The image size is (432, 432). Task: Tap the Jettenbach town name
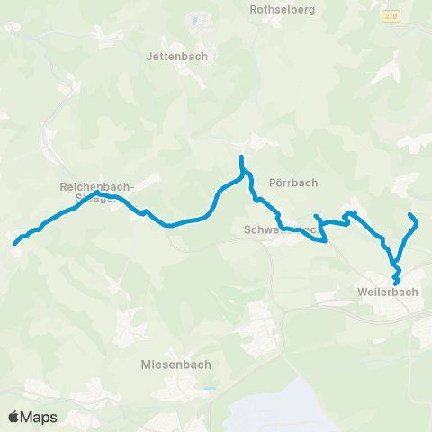[x=176, y=56]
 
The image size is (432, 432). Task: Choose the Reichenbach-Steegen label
[x=96, y=187]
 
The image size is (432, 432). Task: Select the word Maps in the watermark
[x=40, y=417]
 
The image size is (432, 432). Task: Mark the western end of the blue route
[x=14, y=243]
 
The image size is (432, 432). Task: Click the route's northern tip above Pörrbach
[x=241, y=158]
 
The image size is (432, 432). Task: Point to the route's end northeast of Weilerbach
[x=410, y=215]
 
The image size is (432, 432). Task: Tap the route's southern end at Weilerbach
[x=396, y=285]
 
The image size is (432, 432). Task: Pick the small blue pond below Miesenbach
[x=210, y=389]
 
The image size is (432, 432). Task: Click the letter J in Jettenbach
[x=149, y=56]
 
